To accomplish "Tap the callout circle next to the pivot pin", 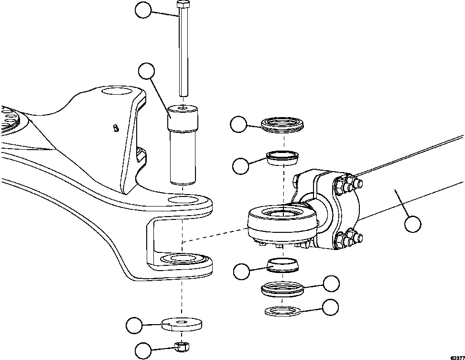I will click(x=147, y=72).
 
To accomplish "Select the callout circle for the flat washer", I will click(x=134, y=326).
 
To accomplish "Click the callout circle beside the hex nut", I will click(x=143, y=350).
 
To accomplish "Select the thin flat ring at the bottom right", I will click(x=282, y=311).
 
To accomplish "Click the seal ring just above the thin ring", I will click(x=282, y=289).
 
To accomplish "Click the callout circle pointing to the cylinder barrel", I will click(x=412, y=224).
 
